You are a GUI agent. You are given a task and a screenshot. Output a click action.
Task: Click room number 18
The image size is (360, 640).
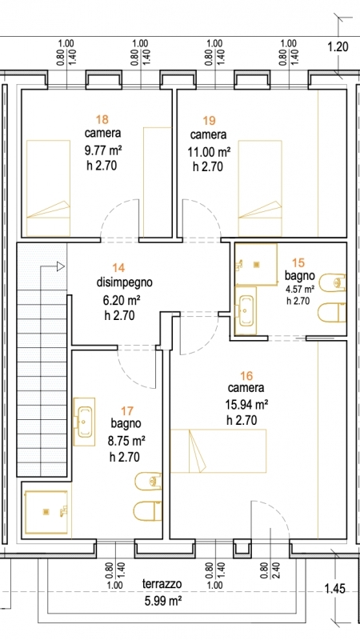(x=102, y=119)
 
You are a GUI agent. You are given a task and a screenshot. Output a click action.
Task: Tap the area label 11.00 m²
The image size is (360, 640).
(x=209, y=152)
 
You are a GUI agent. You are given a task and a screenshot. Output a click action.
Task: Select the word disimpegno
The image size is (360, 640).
(x=125, y=282)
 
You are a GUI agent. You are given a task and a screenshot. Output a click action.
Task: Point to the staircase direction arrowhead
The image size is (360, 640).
(x=61, y=267)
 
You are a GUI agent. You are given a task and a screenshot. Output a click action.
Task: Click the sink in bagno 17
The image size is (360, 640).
(x=86, y=421)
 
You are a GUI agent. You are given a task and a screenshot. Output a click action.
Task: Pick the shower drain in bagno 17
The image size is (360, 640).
(x=46, y=512)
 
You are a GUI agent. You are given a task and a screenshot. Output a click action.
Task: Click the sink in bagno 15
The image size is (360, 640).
(x=246, y=310)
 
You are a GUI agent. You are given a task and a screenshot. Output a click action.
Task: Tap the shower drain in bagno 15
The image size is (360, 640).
(x=256, y=265)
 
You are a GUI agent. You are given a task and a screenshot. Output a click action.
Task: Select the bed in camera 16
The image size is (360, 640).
(x=218, y=450)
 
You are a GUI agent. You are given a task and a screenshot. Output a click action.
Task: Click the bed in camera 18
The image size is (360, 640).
(x=48, y=188)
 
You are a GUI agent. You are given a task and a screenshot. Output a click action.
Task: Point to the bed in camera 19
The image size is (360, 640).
(x=260, y=188)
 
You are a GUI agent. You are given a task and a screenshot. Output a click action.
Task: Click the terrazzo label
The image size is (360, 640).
(x=162, y=584)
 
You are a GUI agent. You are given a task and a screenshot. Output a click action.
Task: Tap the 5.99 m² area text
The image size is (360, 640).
(x=162, y=601)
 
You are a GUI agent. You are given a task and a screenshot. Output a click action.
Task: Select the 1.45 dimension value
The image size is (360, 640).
(x=334, y=589)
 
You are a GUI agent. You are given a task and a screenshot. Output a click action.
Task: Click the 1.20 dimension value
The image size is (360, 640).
(x=338, y=47)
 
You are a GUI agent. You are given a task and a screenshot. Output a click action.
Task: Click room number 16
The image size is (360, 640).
(x=247, y=374)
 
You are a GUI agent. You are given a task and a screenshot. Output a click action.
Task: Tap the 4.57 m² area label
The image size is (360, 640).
(x=300, y=290)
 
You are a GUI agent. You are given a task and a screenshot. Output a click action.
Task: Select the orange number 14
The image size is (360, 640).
(x=118, y=267)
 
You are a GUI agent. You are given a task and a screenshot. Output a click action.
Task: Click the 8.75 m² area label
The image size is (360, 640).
(x=127, y=441)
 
